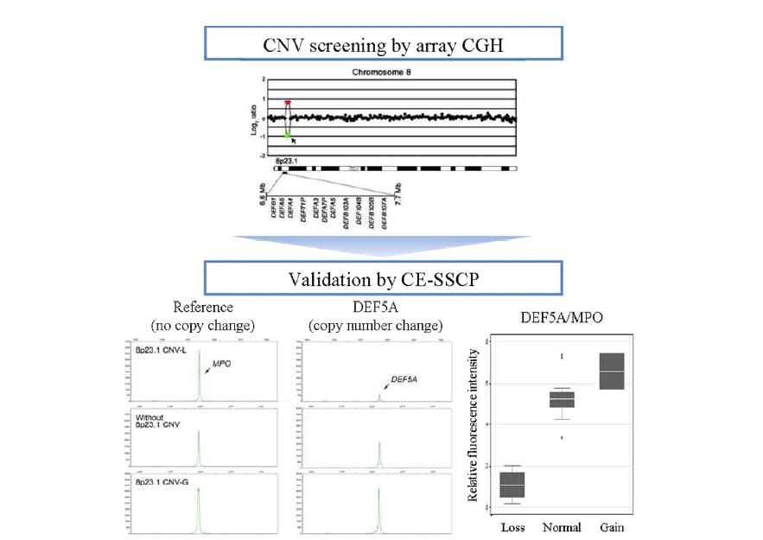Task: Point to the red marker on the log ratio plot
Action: coord(288,102)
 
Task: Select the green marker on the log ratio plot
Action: coord(288,134)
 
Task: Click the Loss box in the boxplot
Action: coord(512,485)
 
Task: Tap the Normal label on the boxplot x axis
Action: coord(561,526)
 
